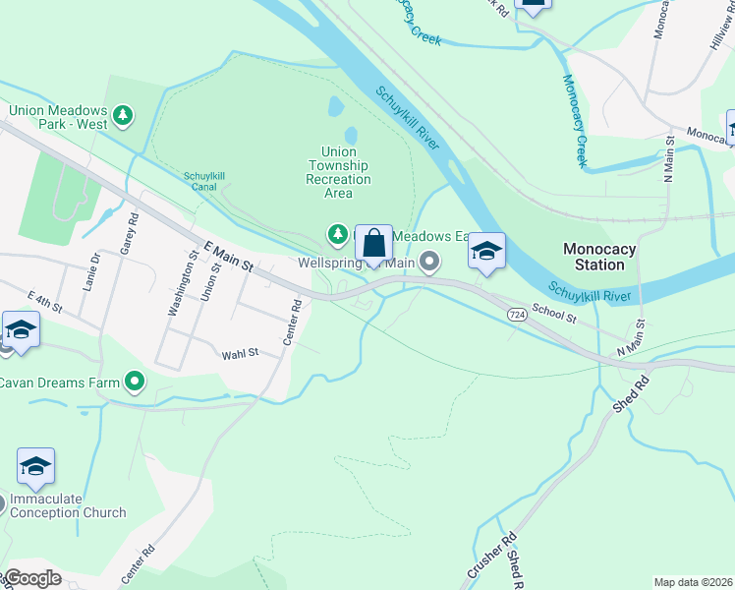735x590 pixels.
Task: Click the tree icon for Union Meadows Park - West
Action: [123, 117]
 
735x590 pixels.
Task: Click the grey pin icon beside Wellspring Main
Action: [428, 262]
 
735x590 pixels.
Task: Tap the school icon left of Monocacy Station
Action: [486, 251]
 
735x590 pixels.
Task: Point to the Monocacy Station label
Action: [599, 257]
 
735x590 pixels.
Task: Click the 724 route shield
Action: [517, 313]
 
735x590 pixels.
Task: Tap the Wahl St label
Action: [240, 353]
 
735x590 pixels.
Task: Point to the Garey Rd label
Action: [126, 236]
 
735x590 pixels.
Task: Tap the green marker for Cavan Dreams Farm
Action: [135, 382]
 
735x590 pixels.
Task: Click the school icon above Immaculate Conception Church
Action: [35, 466]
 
